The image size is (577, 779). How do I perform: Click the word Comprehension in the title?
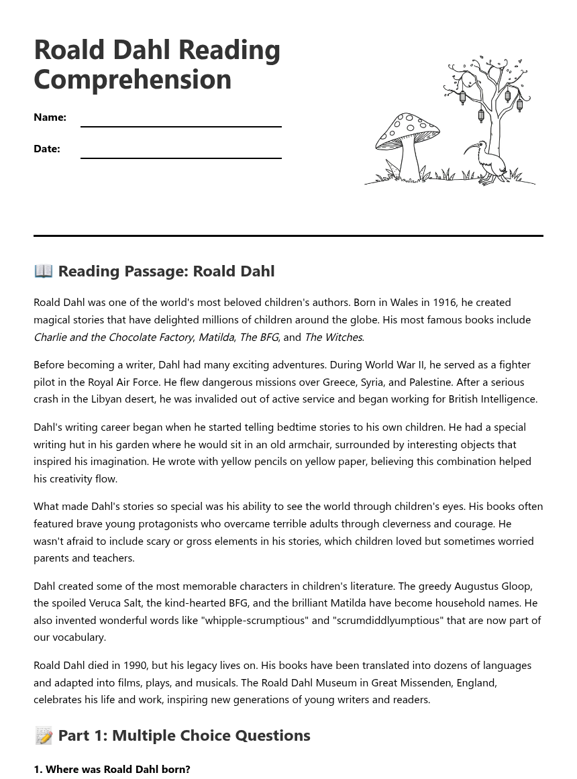tap(132, 79)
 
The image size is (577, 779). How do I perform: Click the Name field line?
tap(180, 125)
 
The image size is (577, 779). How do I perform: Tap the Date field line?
tap(180, 157)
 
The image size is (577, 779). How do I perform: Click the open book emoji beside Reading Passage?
tap(44, 270)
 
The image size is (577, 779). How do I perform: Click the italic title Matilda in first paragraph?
tap(216, 337)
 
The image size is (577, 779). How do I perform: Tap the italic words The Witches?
tap(333, 337)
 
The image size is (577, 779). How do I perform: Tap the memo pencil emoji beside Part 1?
tap(44, 735)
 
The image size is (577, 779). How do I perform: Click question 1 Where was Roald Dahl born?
tap(112, 769)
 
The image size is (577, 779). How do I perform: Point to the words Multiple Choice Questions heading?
tap(211, 735)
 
